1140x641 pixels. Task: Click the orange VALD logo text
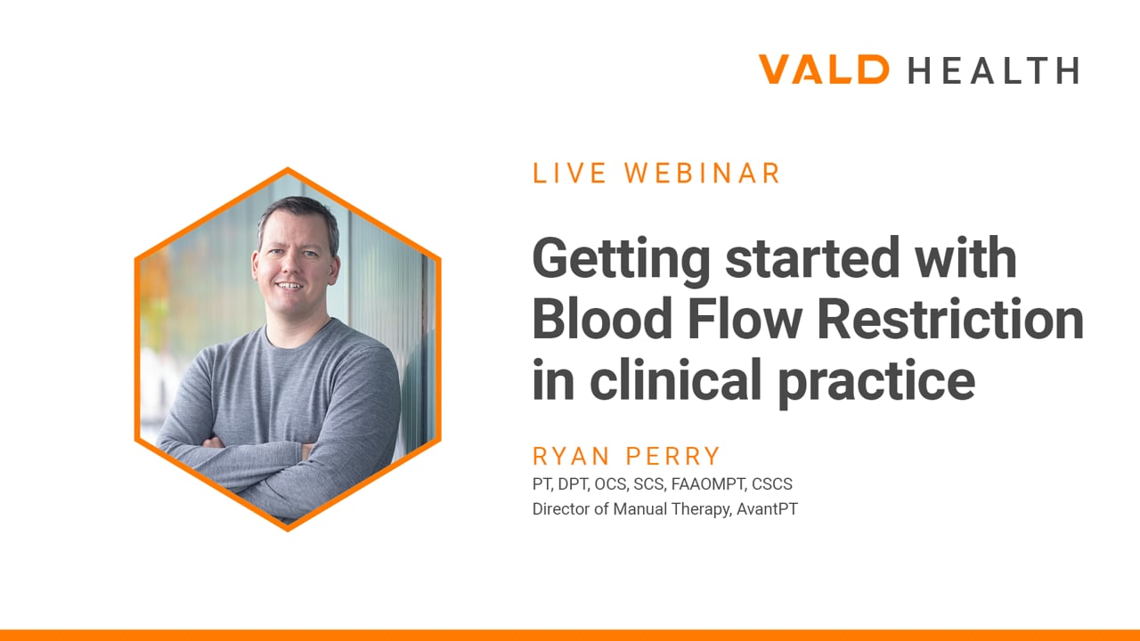824,69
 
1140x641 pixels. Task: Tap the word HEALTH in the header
993,70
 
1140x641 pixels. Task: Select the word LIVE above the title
569,173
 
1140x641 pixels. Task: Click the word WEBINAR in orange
702,173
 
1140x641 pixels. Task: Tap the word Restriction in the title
950,320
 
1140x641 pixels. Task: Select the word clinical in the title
675,379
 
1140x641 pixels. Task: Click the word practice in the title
876,383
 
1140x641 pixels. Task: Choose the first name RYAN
571,456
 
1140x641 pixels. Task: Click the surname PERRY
672,456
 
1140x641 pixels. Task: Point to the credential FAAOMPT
708,483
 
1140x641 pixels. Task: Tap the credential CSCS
772,483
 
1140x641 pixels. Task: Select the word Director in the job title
561,508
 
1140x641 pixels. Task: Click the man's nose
291,266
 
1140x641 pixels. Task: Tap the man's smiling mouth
290,286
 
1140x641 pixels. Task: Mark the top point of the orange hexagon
288,168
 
